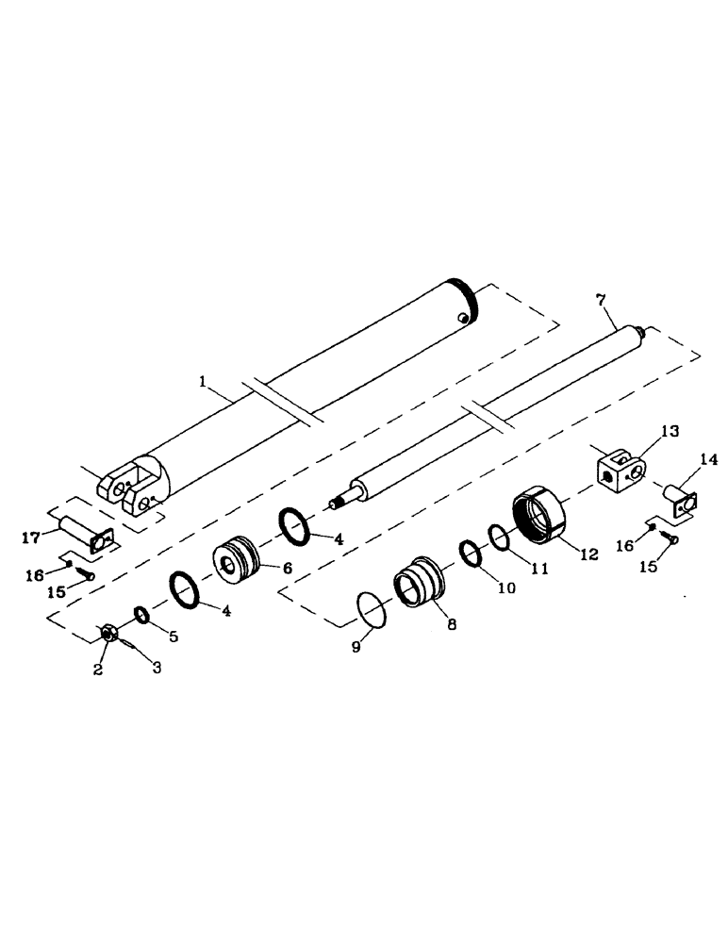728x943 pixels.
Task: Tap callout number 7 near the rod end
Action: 601,301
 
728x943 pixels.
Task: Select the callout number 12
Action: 588,554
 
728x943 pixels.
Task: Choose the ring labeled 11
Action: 500,538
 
